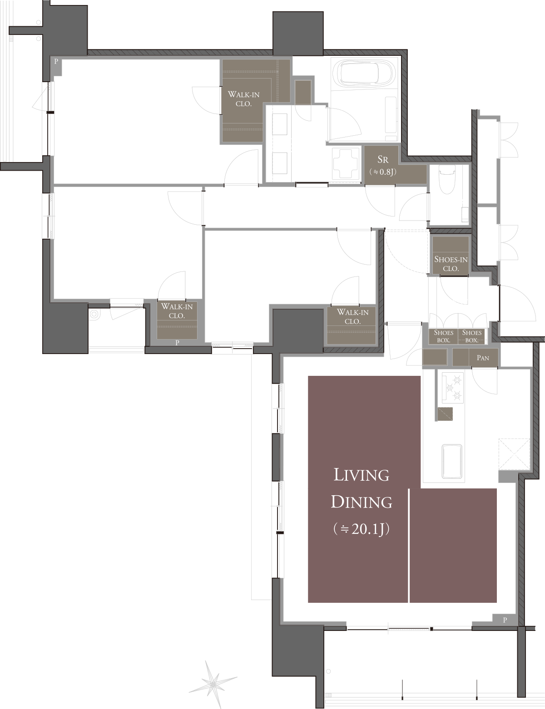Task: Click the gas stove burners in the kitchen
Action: point(452,387)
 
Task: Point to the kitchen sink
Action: point(451,460)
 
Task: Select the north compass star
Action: point(213,681)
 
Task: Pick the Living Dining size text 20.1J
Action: point(362,529)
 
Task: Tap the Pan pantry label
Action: point(483,358)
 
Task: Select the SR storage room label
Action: point(383,160)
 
